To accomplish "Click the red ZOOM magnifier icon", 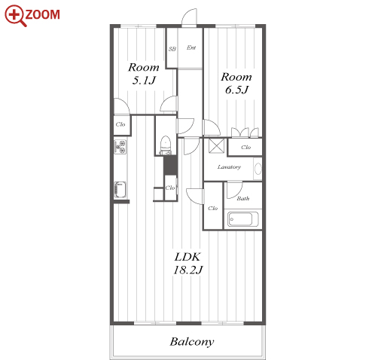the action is click(15, 15).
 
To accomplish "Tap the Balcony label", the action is click(192, 342).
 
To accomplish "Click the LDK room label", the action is click(187, 257).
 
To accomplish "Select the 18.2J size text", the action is click(187, 270).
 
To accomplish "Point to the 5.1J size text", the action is click(144, 81).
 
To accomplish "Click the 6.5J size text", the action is click(236, 90).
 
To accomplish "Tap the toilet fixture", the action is click(166, 145).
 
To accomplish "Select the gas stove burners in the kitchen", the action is click(120, 147).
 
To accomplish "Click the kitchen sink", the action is click(120, 190).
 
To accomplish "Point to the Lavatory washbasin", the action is click(258, 169).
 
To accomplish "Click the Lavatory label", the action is click(229, 167).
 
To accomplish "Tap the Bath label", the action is click(243, 199).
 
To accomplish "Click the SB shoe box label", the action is click(172, 49).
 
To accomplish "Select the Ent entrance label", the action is click(191, 47).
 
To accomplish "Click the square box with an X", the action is click(217, 145).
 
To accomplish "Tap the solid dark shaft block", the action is click(170, 165).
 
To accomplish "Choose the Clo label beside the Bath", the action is click(212, 208).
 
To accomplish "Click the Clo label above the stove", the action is click(120, 124).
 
